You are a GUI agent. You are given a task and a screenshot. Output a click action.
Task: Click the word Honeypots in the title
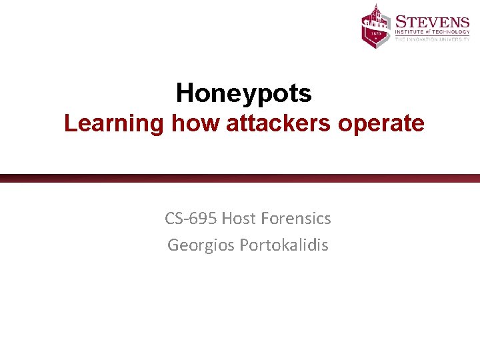pos(243,94)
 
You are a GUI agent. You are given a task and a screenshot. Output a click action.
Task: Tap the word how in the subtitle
pos(197,123)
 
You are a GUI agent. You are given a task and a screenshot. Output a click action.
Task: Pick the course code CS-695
pos(191,218)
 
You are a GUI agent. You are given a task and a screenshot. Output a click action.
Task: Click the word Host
pos(240,218)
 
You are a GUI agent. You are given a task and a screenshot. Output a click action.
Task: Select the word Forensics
pos(297,218)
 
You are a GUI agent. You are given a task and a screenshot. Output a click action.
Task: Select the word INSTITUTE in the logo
pos(411,31)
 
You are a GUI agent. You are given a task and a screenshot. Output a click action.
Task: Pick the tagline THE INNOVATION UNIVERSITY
pos(432,40)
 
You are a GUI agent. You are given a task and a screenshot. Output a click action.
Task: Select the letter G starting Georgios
pos(173,245)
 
